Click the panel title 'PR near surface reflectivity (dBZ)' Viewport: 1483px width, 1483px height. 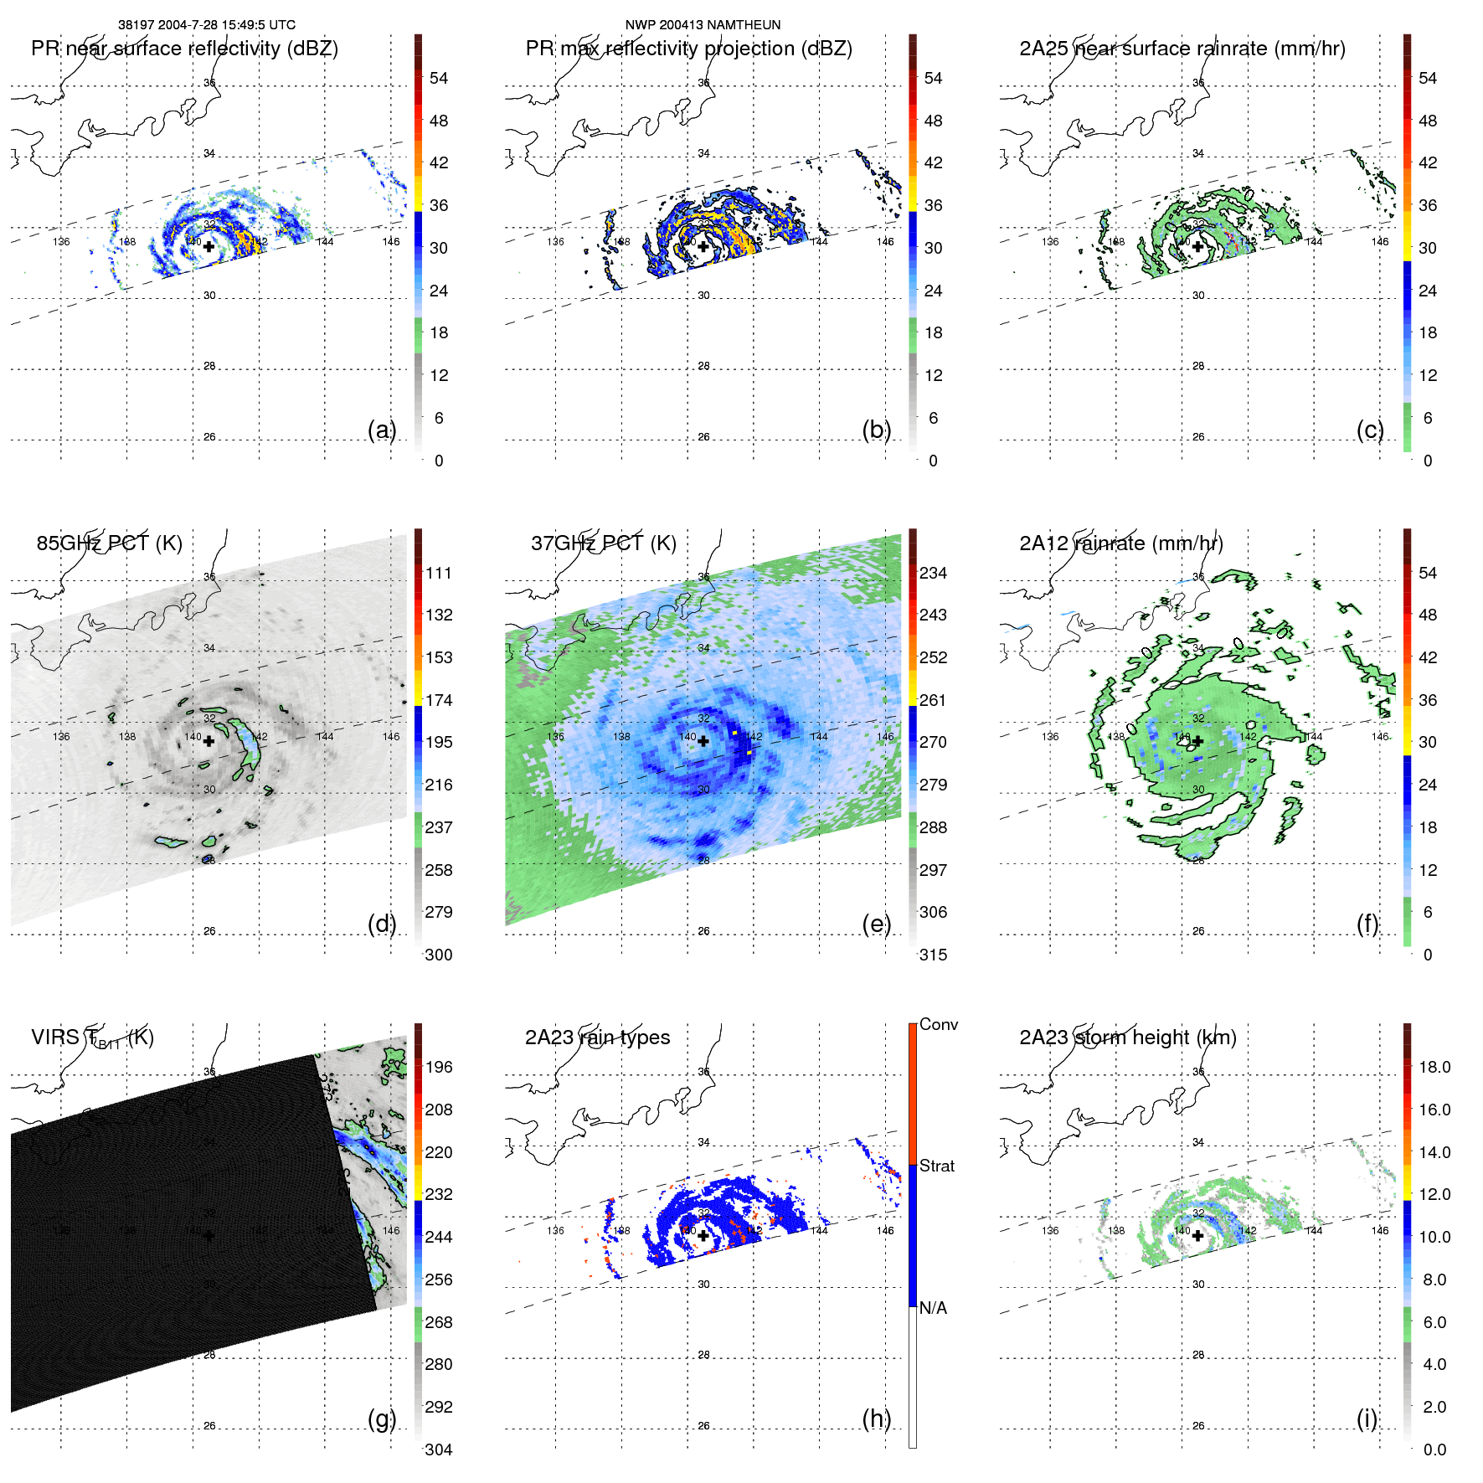coord(184,49)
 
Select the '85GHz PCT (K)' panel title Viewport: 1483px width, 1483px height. coord(109,543)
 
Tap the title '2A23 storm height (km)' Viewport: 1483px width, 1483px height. coord(1127,1038)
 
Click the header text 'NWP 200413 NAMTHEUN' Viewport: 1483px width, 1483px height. coord(703,25)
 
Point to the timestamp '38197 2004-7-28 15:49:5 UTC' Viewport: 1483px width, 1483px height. coord(206,25)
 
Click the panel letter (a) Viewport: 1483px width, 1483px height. coord(381,430)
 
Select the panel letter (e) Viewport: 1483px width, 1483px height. coord(876,924)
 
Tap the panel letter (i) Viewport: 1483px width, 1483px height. coord(1367,1419)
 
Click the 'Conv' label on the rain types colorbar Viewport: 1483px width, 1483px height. coord(938,1024)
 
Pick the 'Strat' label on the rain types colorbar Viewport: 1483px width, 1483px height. coord(936,1166)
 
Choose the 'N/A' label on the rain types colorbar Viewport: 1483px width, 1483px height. coord(933,1308)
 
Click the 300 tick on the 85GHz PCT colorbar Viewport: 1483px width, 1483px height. coord(438,955)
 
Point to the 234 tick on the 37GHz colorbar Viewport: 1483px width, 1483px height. coord(933,573)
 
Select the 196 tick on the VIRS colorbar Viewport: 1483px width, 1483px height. coord(438,1067)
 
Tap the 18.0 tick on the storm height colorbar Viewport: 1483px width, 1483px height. coord(1434,1067)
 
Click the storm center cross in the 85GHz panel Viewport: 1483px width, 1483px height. coord(209,741)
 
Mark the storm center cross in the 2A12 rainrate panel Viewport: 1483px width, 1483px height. coord(1197,741)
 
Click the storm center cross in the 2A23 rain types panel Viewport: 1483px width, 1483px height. coord(703,1235)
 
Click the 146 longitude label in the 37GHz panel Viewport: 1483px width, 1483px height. coord(885,736)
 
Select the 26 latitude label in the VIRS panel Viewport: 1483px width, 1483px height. coord(209,1425)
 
